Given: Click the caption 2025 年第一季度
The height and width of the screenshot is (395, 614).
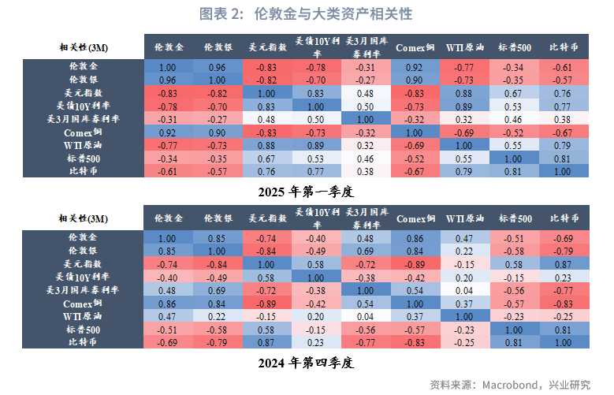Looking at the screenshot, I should pos(307,191).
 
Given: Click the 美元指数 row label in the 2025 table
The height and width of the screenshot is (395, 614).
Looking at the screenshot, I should pos(84,93).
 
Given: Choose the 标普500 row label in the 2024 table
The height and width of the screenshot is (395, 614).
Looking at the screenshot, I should pos(84,330).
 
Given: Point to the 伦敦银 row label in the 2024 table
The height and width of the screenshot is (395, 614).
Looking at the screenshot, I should pos(84,251).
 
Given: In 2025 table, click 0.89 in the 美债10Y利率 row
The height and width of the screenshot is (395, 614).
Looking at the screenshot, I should pos(466,106).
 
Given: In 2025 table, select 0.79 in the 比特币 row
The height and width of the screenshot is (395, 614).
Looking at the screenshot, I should pos(466,170).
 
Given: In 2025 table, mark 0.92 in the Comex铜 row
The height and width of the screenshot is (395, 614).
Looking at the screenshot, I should pos(169,132).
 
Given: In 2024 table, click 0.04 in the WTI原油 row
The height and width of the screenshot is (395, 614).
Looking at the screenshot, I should pos(367,316).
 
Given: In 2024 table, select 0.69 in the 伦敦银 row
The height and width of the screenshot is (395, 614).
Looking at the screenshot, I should pos(367,251).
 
